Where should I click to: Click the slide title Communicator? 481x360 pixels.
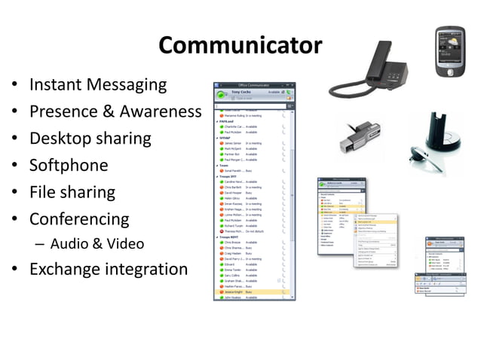tap(240, 46)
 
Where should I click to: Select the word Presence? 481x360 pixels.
tap(63, 112)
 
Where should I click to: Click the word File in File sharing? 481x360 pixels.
tap(42, 192)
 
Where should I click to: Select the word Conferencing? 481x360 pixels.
tap(79, 220)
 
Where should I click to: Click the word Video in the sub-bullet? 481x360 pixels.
tap(124, 244)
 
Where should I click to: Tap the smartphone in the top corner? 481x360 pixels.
tap(454, 50)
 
